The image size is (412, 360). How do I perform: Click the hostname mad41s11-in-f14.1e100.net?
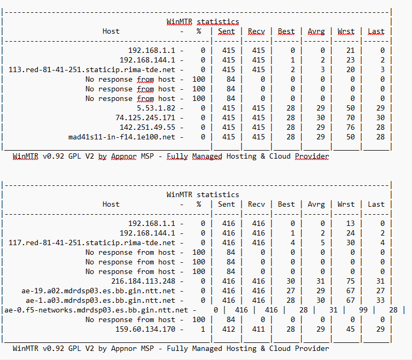122,137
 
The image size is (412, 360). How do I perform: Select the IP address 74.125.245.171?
145,118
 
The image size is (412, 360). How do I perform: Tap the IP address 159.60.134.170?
145,329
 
